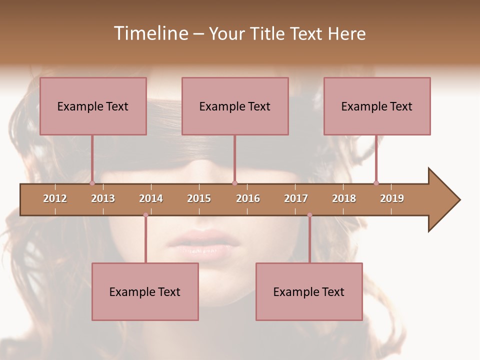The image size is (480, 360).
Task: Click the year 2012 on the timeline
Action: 55,198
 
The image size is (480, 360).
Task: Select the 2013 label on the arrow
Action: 103,198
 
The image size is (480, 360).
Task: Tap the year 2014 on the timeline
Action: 151,198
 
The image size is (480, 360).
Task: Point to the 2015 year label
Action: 199,198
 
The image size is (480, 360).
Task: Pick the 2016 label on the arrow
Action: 248,198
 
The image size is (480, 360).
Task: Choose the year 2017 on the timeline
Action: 296,198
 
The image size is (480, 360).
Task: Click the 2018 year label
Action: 344,198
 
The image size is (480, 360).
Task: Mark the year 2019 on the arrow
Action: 392,198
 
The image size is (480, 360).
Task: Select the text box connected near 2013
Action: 93,106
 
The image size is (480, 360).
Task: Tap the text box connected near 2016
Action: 235,106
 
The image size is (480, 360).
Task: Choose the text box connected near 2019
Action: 377,106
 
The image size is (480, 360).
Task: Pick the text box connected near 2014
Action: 145,291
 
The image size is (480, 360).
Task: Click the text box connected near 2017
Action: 309,291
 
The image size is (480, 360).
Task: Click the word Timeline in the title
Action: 150,33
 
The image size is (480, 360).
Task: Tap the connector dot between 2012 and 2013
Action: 92,183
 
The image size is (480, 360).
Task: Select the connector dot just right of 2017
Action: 309,215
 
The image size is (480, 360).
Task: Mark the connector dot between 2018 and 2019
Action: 376,183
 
